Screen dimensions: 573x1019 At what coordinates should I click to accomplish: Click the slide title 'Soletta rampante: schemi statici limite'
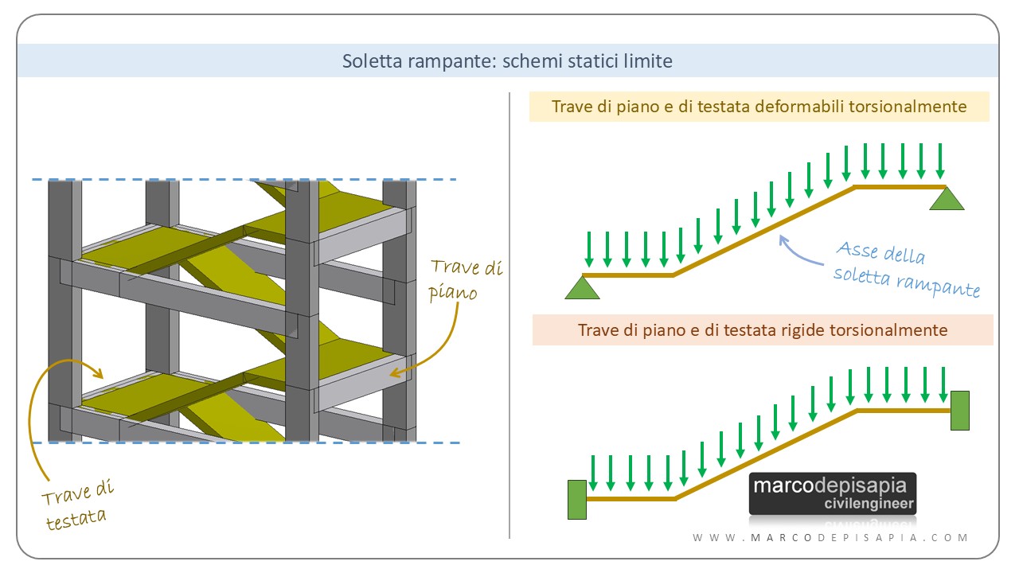[x=507, y=61]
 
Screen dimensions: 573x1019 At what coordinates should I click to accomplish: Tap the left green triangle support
[x=582, y=288]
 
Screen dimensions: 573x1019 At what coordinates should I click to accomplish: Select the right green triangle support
[x=947, y=199]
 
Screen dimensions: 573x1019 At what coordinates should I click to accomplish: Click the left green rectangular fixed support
[x=577, y=500]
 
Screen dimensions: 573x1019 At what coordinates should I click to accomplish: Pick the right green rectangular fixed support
[x=959, y=410]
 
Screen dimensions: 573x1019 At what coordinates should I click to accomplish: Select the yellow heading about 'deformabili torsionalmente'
[x=759, y=107]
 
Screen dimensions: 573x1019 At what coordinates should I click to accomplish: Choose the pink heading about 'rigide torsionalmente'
[x=762, y=329]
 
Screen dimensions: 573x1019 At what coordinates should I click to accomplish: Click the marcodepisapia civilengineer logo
[x=833, y=493]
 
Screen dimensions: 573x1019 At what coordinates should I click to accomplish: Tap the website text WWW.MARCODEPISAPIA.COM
[x=830, y=538]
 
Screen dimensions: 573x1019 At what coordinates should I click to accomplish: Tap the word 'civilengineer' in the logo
[x=870, y=505]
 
